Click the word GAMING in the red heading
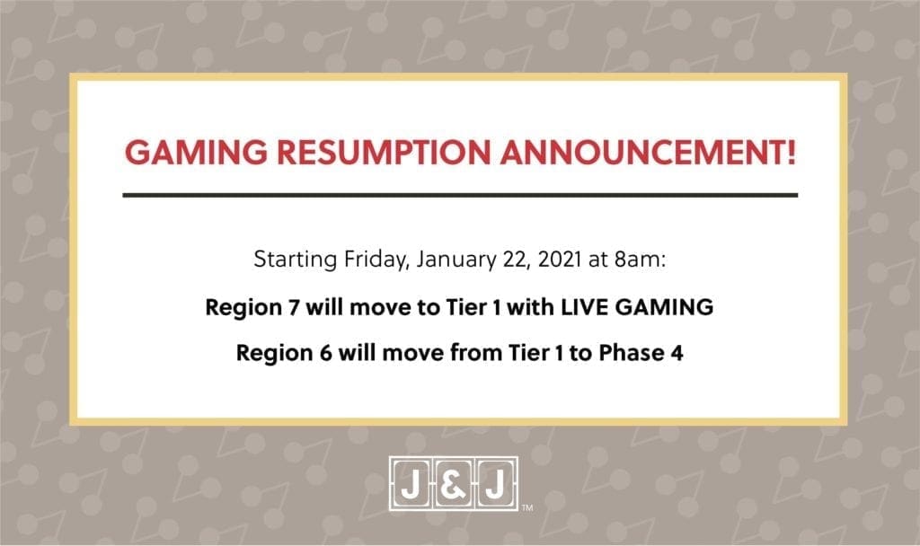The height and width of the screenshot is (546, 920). click(x=196, y=153)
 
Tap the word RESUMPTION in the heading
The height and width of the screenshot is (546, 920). click(x=384, y=153)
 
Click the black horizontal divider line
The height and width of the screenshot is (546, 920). click(x=460, y=195)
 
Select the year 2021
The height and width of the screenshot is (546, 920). click(x=559, y=259)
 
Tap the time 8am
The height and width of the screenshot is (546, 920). click(x=640, y=259)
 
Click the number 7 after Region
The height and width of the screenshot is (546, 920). click(x=294, y=307)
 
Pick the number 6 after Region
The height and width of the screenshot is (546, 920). click(x=325, y=353)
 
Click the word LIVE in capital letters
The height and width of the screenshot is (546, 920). click(x=584, y=307)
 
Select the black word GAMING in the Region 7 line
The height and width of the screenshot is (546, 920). click(x=664, y=307)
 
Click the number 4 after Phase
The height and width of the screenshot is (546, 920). click(x=677, y=353)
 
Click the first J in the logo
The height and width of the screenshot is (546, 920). click(x=411, y=485)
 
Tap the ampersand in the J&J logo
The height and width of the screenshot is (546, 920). click(x=453, y=485)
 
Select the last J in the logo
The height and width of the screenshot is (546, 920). click(x=495, y=485)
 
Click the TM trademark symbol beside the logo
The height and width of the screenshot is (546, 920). click(x=527, y=508)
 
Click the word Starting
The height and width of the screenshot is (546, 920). click(x=295, y=260)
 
